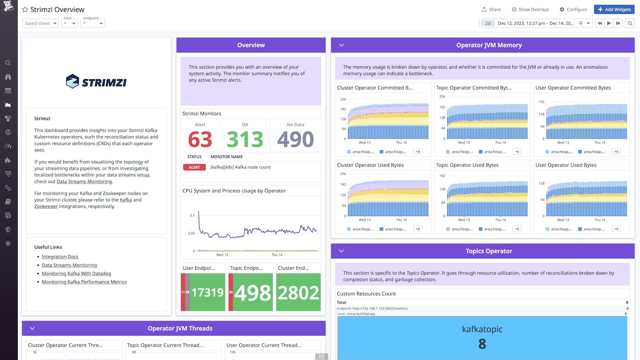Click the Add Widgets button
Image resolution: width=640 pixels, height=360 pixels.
click(614, 9)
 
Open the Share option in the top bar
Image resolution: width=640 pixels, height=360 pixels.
click(491, 9)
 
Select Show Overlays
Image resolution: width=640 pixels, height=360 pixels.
click(530, 9)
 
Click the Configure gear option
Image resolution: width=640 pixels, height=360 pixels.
click(573, 9)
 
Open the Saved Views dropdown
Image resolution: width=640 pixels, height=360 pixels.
click(40, 23)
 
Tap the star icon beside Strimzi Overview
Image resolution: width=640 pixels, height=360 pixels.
click(25, 9)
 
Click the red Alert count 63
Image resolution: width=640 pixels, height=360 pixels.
click(200, 139)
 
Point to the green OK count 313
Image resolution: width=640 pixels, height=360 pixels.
click(245, 139)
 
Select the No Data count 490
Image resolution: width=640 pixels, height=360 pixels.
click(295, 139)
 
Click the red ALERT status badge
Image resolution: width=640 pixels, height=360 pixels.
click(194, 167)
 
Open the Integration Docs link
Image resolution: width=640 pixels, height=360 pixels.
click(60, 257)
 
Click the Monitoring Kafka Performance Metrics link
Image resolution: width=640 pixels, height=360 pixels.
click(84, 282)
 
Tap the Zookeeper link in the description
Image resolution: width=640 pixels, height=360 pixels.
click(46, 207)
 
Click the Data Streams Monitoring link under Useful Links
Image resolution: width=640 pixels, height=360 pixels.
click(69, 265)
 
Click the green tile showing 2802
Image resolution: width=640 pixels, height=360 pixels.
click(298, 292)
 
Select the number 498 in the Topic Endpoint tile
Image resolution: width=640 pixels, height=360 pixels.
click(252, 292)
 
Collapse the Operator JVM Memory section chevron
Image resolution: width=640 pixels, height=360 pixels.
click(341, 45)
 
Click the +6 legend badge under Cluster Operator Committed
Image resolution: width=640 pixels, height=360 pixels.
click(417, 151)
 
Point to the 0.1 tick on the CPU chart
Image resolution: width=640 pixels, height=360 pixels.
click(192, 216)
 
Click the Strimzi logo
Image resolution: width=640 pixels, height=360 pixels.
click(96, 82)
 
